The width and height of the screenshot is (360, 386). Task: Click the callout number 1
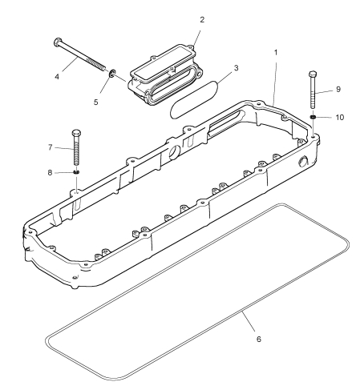coord(276,53)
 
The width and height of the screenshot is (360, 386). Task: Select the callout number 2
coord(202,20)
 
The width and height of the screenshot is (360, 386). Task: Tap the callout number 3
coord(236,68)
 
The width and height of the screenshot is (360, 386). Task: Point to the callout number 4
coord(57,77)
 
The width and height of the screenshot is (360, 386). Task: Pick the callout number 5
coord(96,103)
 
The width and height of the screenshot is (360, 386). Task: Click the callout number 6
coord(258,340)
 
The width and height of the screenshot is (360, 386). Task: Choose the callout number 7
coord(51,147)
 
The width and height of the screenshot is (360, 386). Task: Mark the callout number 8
coord(50,173)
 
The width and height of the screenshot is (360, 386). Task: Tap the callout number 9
coord(338,90)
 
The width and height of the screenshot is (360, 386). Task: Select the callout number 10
coord(340,118)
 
